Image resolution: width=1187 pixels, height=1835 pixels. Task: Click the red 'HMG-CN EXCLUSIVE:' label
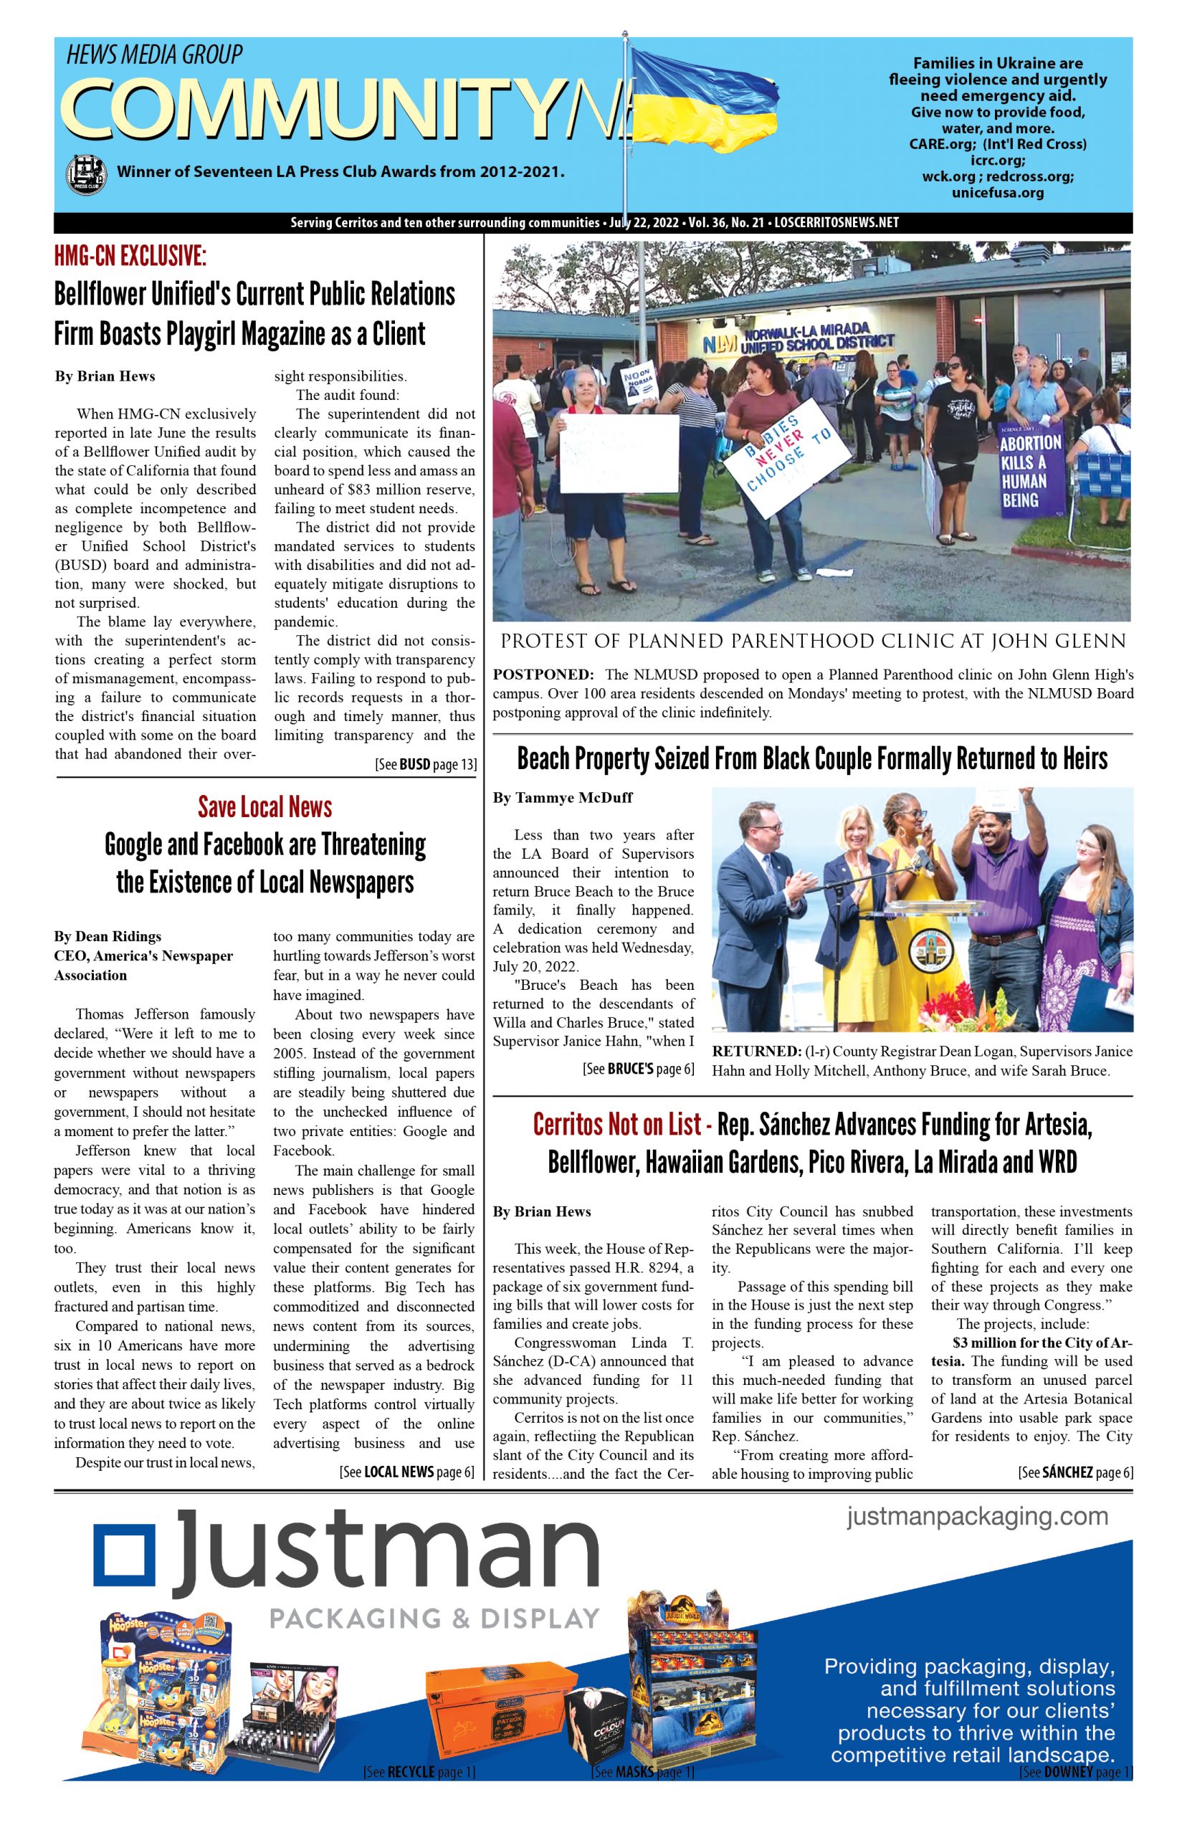(x=130, y=257)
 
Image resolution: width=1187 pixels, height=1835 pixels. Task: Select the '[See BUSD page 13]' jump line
(x=426, y=765)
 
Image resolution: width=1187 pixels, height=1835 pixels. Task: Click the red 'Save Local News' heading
(x=264, y=807)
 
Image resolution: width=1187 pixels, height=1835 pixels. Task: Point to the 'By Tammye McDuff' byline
(x=563, y=798)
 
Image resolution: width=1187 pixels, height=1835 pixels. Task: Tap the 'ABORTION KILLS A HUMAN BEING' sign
(x=1031, y=471)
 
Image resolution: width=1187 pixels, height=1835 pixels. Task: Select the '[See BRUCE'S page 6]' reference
(x=639, y=1069)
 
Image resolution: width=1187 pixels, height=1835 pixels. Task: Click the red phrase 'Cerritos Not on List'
(x=616, y=1126)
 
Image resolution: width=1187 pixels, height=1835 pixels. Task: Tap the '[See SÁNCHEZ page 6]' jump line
(x=1075, y=1473)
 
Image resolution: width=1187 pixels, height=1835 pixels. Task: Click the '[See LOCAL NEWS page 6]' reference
(x=406, y=1472)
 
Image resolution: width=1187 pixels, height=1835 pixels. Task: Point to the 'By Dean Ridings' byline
(x=107, y=936)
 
